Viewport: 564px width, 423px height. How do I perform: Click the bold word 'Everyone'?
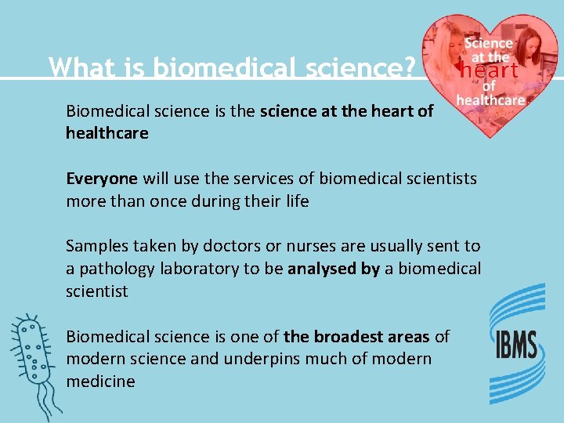coord(102,179)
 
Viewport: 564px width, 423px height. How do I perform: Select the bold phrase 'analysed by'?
coord(334,269)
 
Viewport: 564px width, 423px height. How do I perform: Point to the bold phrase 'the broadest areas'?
coord(356,337)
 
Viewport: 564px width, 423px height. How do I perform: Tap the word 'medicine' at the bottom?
coord(100,381)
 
